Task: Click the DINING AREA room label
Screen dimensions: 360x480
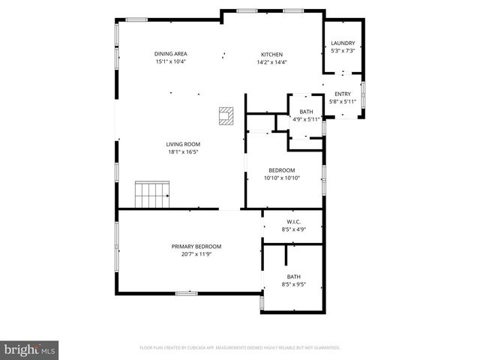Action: [x=170, y=54]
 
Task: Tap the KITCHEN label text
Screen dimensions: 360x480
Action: [x=271, y=54]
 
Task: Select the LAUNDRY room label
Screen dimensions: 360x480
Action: [x=343, y=43]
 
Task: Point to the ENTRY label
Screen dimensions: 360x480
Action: [x=343, y=94]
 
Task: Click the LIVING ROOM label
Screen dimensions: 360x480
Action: [x=182, y=144]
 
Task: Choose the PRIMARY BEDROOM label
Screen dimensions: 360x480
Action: [x=196, y=246]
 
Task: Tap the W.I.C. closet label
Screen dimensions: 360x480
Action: [x=292, y=222]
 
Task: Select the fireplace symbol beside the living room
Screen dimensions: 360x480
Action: [x=226, y=115]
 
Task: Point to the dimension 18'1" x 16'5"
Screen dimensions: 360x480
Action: [x=182, y=151]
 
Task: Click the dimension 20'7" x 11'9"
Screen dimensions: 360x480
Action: [x=196, y=253]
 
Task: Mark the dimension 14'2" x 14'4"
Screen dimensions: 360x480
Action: [x=271, y=61]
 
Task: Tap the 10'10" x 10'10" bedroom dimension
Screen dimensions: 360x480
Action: [x=281, y=178]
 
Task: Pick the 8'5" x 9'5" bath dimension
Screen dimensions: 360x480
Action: [x=292, y=284]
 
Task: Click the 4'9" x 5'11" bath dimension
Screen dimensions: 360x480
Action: [x=306, y=118]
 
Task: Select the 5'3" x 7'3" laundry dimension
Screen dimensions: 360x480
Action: [x=343, y=51]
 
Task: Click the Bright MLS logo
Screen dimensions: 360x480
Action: [x=30, y=349]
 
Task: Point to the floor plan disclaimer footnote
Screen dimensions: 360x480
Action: [x=240, y=348]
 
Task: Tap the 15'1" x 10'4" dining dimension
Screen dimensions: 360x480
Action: [x=170, y=61]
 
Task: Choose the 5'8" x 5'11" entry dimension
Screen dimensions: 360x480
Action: [x=343, y=101]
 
